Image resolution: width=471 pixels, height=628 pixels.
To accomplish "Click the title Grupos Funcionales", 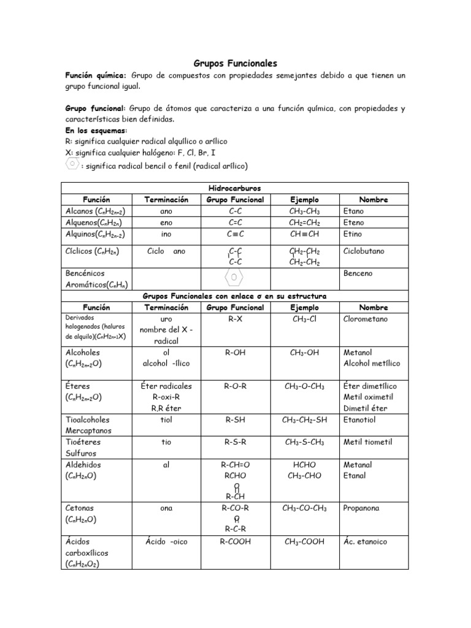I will pyautogui.click(x=235, y=63).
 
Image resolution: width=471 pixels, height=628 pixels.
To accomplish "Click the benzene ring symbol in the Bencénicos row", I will pyautogui.click(x=235, y=277).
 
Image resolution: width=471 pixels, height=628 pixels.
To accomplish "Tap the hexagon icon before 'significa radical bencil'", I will pyautogui.click(x=72, y=165).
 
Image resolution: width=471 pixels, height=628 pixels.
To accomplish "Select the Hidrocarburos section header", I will pyautogui.click(x=235, y=189).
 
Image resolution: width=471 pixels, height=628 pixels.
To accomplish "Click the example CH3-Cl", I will pyautogui.click(x=304, y=319).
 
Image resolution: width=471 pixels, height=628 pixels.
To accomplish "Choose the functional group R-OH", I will pyautogui.click(x=235, y=353).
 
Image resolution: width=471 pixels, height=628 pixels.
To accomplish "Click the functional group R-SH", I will pyautogui.click(x=235, y=420).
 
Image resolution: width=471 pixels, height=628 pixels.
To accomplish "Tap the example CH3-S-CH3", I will pyautogui.click(x=304, y=442).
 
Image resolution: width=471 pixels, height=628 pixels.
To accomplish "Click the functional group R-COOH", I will pyautogui.click(x=235, y=542).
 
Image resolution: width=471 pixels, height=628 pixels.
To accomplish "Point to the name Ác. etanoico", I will pyautogui.click(x=366, y=542).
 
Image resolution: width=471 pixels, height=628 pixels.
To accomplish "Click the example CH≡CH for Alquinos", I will pyautogui.click(x=304, y=234).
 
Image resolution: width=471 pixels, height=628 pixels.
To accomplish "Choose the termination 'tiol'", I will pyautogui.click(x=166, y=420).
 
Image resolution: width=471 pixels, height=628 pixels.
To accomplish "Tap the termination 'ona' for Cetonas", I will pyautogui.click(x=166, y=508).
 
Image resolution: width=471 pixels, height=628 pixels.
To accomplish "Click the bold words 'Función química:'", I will pyautogui.click(x=96, y=75).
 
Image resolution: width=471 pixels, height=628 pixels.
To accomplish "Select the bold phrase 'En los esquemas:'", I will pyautogui.click(x=96, y=131).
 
